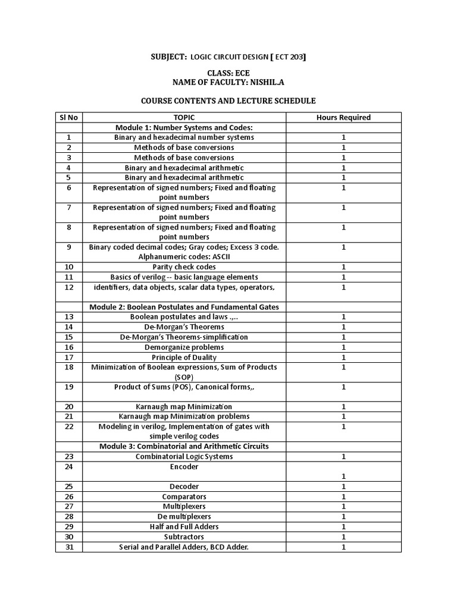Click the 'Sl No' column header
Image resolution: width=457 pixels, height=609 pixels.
pos(68,117)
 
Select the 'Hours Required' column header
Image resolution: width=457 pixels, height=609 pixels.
pos(343,117)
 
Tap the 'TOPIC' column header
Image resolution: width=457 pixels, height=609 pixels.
pos(184,117)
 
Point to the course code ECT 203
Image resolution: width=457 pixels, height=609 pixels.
pos(289,56)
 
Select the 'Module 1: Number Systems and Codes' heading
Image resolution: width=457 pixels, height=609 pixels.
pos(184,127)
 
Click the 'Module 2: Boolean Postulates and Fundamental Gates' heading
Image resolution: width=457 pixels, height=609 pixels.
pos(184,307)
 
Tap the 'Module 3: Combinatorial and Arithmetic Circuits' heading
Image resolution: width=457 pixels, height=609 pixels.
pos(184,446)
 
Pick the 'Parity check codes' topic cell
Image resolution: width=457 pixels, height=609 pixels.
pos(184,267)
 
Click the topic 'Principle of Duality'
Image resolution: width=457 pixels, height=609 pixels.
pos(184,357)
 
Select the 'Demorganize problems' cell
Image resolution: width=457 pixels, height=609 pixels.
pos(184,347)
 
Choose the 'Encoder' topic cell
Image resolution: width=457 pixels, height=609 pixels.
pos(184,467)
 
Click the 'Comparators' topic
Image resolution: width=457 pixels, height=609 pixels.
pos(184,497)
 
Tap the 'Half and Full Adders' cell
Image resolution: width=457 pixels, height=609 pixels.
pos(184,527)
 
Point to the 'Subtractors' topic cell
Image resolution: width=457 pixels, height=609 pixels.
pos(184,537)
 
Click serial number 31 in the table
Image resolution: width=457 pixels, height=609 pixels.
pos(68,547)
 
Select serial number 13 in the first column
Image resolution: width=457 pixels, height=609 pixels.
pos(68,317)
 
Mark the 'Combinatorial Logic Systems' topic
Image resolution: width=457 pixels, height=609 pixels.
pos(184,456)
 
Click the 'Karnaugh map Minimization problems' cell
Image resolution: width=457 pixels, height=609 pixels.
pos(184,416)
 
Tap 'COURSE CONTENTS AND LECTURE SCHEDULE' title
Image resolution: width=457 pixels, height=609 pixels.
pos(228,101)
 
